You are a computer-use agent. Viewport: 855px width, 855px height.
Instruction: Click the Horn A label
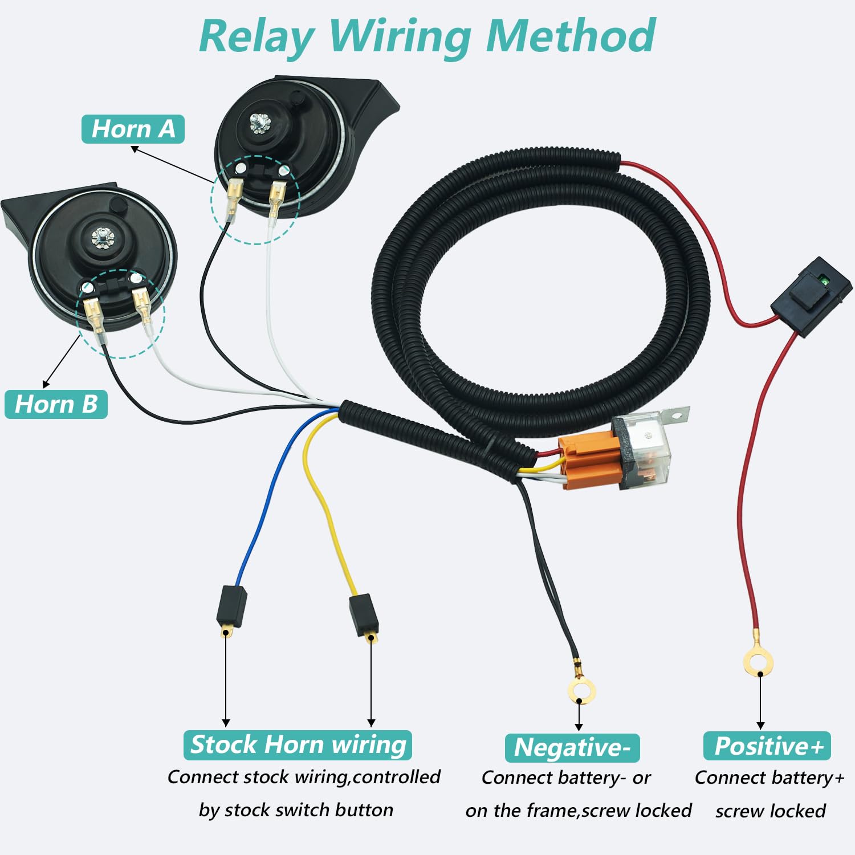click(x=133, y=129)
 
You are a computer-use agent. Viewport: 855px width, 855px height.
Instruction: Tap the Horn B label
click(x=56, y=404)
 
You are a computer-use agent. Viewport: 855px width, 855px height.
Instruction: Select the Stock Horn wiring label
click(x=298, y=745)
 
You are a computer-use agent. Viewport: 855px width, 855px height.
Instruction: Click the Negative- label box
click(x=572, y=747)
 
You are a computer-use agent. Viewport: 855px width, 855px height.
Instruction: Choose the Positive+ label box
click(x=767, y=746)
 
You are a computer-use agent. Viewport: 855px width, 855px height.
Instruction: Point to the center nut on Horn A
click(x=260, y=123)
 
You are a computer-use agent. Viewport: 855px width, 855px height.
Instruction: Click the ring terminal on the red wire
click(x=758, y=662)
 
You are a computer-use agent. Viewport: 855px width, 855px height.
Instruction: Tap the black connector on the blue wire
click(x=231, y=605)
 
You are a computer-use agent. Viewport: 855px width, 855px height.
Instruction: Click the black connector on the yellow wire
click(x=364, y=614)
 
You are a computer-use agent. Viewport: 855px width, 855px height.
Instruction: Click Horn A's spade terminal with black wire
click(x=234, y=196)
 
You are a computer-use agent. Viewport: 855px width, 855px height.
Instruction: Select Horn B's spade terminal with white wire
click(x=141, y=306)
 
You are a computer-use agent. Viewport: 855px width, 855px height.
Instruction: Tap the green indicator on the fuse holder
click(x=822, y=279)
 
